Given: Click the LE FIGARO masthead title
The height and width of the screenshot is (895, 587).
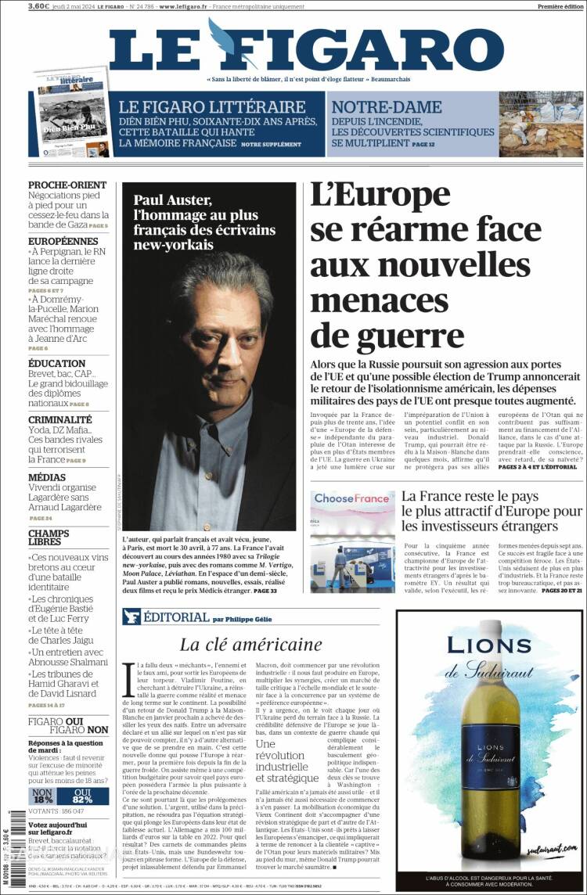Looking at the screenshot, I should click(x=306, y=49).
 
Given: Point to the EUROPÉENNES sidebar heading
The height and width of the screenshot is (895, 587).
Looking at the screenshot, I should click(x=63, y=241).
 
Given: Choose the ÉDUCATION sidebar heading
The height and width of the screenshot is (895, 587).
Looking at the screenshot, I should click(x=57, y=364).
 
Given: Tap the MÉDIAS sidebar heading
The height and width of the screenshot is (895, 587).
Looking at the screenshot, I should click(x=47, y=477).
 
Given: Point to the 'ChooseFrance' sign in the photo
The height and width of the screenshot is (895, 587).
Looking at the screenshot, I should click(x=351, y=498).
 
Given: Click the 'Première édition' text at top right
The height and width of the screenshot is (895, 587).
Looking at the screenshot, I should click(x=560, y=6).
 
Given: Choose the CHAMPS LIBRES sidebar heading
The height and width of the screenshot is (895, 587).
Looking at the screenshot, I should click(x=49, y=537).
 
